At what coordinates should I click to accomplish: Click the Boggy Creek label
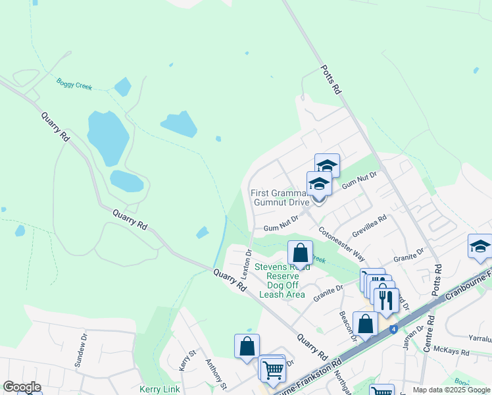[x=74, y=84]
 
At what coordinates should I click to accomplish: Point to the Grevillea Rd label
[x=369, y=225]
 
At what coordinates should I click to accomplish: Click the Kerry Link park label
[x=160, y=389]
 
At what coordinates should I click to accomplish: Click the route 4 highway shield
[x=393, y=329]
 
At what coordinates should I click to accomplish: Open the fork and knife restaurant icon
[x=386, y=300]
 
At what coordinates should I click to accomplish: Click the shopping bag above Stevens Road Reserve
[x=300, y=253]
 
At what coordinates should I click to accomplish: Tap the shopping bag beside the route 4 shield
[x=366, y=324]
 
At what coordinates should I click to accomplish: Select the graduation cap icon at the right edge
[x=480, y=246]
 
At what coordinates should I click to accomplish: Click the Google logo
[x=22, y=387]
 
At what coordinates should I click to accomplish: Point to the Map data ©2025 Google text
[x=451, y=390]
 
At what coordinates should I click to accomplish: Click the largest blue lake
[x=108, y=138]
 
